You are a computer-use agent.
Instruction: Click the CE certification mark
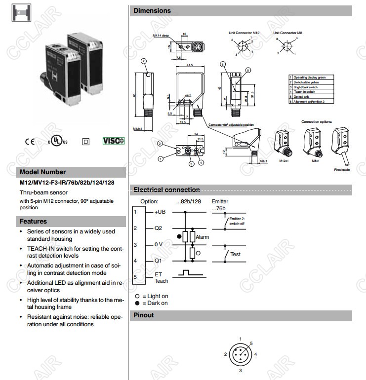[x=30, y=141]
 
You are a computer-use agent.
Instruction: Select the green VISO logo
[x=114, y=141]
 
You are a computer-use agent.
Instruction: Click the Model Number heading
[x=42, y=172]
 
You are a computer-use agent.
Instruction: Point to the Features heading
[x=33, y=222]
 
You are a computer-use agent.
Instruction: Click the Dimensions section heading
[x=152, y=10]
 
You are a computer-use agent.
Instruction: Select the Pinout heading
[x=144, y=315]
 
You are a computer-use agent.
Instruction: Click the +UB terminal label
[x=160, y=211]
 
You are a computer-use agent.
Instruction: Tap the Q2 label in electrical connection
[x=158, y=228]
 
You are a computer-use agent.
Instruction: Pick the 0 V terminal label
[x=159, y=244]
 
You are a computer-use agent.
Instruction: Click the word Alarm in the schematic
[x=203, y=237]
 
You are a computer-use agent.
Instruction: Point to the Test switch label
[x=236, y=254]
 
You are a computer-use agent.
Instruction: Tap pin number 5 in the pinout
[x=251, y=343]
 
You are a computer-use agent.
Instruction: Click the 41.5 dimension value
[x=190, y=65]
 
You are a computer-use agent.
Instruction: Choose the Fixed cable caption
[x=341, y=169]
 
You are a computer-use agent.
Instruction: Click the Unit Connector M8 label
[x=288, y=33]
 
